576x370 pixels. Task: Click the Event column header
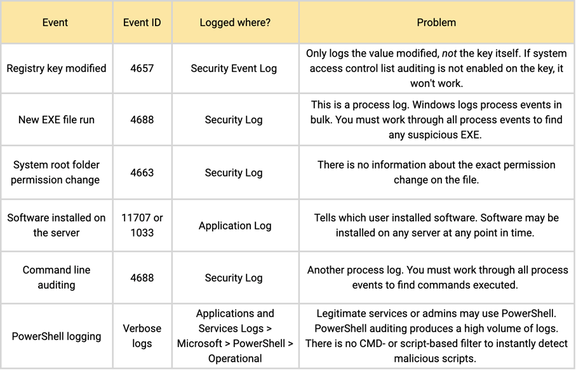pyautogui.click(x=55, y=22)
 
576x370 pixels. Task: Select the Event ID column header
pyautogui.click(x=142, y=22)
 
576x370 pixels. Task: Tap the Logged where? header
pyautogui.click(x=234, y=22)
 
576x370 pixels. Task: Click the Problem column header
pyautogui.click(x=436, y=22)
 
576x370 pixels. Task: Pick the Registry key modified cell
pyautogui.click(x=57, y=68)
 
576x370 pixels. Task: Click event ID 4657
pyautogui.click(x=142, y=68)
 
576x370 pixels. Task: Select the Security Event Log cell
pyautogui.click(x=234, y=68)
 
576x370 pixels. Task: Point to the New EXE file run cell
pyautogui.click(x=56, y=120)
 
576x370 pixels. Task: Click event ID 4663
pyautogui.click(x=142, y=172)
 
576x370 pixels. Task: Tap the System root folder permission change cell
pyautogui.click(x=55, y=172)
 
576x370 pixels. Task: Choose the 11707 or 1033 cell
pyautogui.click(x=142, y=225)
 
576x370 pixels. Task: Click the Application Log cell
pyautogui.click(x=234, y=225)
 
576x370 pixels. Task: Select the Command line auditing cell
pyautogui.click(x=56, y=277)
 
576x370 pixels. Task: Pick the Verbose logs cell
pyautogui.click(x=142, y=336)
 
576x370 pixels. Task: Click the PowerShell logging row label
pyautogui.click(x=56, y=336)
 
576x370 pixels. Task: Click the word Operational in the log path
pyautogui.click(x=234, y=359)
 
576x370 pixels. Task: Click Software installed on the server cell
pyautogui.click(x=56, y=225)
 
